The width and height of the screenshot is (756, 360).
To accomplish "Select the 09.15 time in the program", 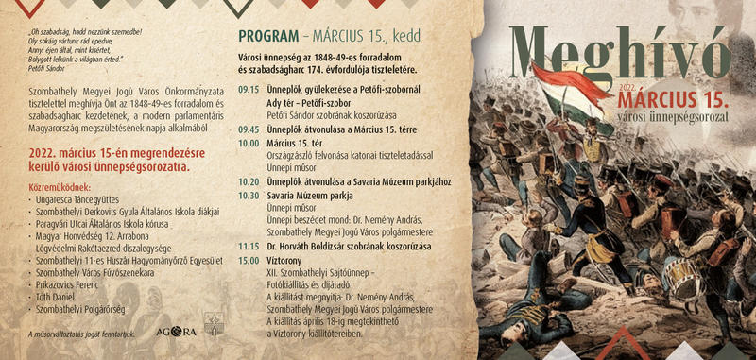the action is click(x=249, y=88).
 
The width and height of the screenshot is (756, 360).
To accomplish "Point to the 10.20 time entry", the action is click(x=249, y=181).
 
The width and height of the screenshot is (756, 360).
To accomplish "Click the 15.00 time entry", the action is click(x=249, y=260).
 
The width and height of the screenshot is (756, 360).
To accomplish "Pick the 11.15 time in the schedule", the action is click(x=249, y=246).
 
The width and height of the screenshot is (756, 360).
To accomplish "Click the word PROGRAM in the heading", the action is click(x=268, y=38).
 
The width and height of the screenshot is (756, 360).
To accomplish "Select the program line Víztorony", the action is click(x=284, y=260).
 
